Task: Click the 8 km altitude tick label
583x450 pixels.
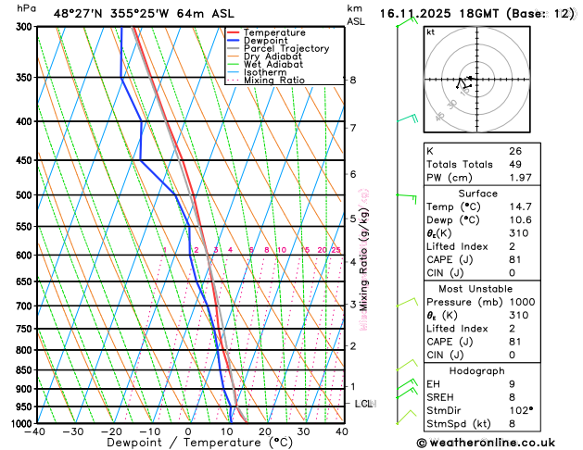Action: (352, 81)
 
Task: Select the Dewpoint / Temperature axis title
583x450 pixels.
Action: (188, 444)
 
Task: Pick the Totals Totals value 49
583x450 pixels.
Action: (514, 164)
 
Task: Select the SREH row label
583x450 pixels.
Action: (440, 397)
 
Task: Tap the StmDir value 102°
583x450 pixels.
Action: (520, 410)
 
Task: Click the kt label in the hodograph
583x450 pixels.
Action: (431, 31)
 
